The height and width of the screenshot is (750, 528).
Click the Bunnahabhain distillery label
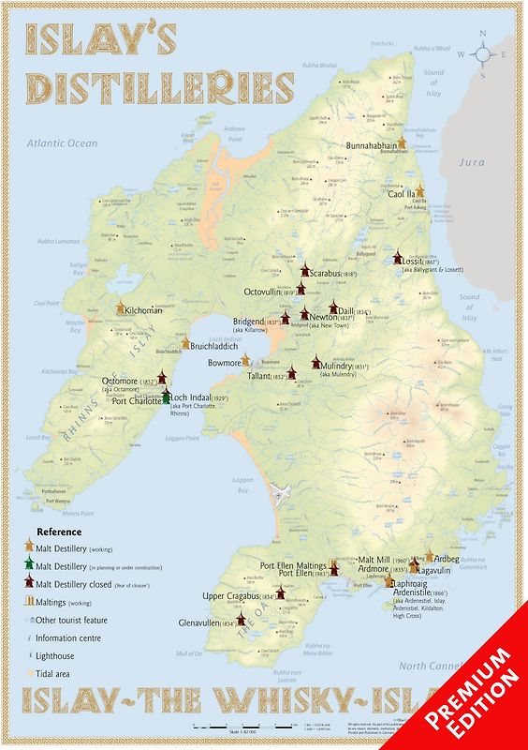click(x=372, y=146)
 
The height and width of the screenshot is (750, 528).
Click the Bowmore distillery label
click(x=224, y=361)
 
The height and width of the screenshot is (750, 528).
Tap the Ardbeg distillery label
click(x=447, y=560)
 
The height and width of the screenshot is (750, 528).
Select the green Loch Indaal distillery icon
click(x=166, y=397)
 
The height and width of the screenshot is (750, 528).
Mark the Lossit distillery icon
click(x=398, y=256)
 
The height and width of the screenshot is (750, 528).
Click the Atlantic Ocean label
click(x=62, y=143)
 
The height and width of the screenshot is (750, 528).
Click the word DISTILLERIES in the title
click(x=159, y=87)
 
